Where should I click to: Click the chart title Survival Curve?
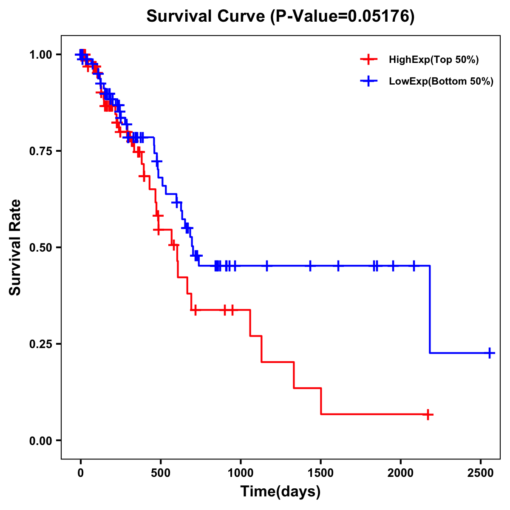[207, 17]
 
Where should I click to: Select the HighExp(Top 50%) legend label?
[433, 60]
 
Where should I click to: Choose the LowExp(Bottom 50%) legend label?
[441, 82]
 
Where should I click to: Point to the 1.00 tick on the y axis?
[41, 55]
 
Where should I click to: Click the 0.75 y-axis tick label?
[41, 151]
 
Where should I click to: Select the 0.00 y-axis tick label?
[41, 441]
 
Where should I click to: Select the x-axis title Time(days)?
[280, 492]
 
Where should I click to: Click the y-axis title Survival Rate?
[15, 247]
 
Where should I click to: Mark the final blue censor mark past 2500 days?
[490, 353]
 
